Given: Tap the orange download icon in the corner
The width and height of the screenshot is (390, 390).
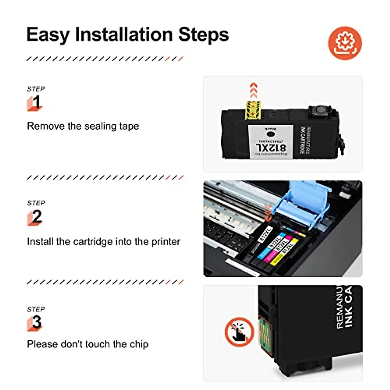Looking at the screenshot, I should click(x=345, y=43).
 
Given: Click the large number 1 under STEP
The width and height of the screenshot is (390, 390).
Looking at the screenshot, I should click(x=36, y=102).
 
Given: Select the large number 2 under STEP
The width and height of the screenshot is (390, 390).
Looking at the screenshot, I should click(x=37, y=217).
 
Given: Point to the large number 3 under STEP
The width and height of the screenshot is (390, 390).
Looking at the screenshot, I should click(x=37, y=322).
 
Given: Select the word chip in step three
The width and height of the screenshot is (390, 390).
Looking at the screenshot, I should click(x=139, y=344).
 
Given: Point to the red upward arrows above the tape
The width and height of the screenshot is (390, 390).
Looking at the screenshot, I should click(x=253, y=91).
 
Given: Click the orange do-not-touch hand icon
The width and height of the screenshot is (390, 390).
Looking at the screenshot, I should click(x=239, y=332).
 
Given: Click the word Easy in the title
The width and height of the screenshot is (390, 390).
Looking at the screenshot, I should click(x=48, y=34).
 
